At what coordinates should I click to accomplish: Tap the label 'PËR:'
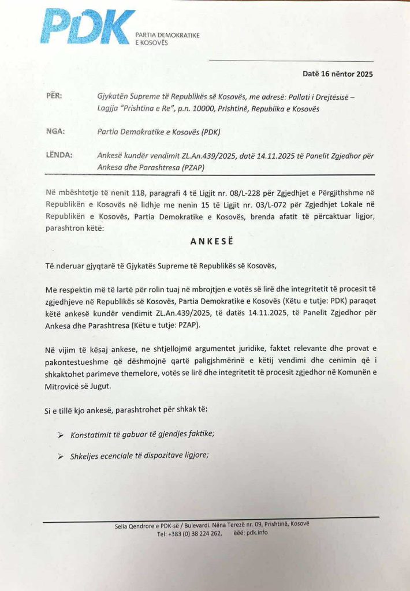(54, 97)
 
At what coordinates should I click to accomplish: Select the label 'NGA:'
(55, 132)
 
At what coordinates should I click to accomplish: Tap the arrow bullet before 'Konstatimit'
(61, 434)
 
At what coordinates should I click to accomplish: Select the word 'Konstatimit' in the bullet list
(92, 434)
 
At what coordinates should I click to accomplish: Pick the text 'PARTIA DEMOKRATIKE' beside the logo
(167, 36)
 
